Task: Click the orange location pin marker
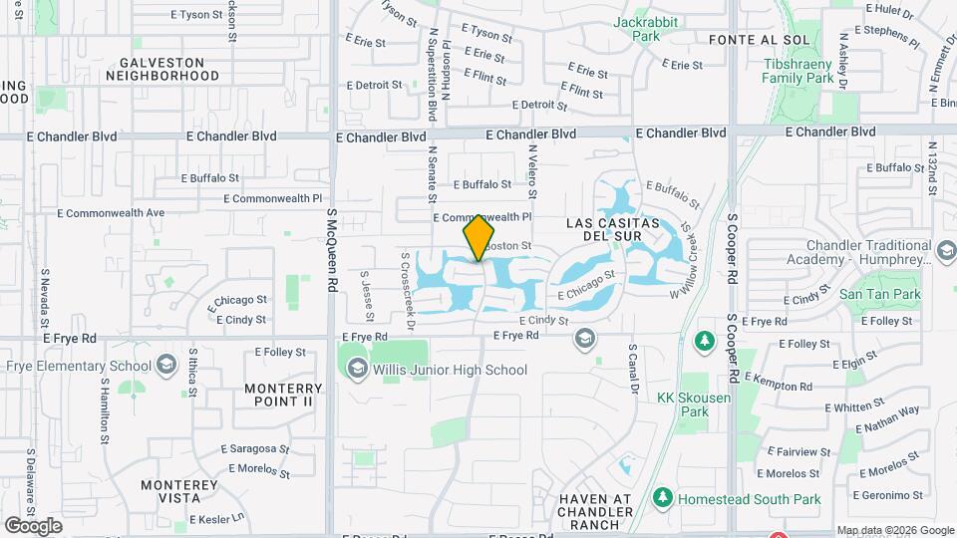pos(478,237)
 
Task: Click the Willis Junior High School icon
pos(356,370)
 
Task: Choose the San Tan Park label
pos(879,294)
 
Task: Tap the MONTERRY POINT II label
pos(285,395)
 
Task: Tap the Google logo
pos(33,525)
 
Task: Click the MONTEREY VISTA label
pos(179,491)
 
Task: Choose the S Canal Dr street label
pos(632,369)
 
